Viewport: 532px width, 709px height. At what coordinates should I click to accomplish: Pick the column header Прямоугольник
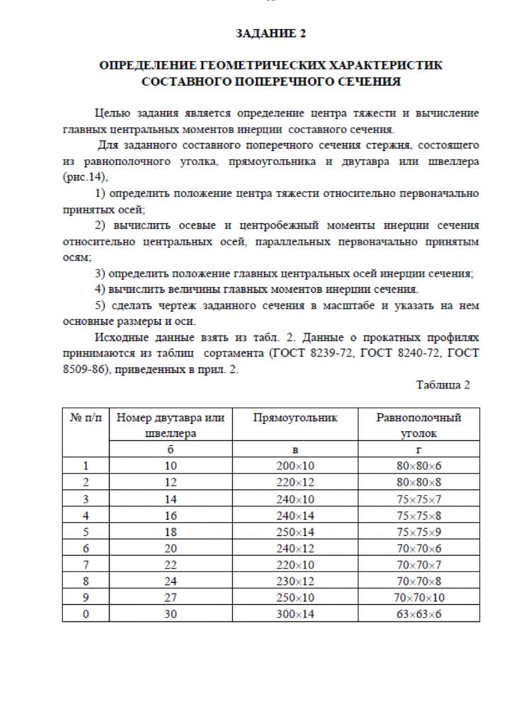coord(295,418)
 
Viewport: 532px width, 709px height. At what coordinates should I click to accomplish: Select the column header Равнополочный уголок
coord(419,425)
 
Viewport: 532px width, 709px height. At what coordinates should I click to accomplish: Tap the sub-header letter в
coord(295,449)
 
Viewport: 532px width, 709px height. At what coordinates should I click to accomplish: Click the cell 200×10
coord(295,466)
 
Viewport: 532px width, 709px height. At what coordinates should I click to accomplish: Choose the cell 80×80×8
coord(419,481)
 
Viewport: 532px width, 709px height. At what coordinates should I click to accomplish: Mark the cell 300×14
coord(295,613)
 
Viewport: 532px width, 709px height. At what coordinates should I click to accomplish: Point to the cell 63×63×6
coord(419,613)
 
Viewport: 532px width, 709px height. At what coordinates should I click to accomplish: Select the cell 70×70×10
coord(419,597)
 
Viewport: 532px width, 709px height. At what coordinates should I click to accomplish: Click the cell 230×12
coord(295,581)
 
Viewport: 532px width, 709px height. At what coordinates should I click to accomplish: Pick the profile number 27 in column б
coord(171,597)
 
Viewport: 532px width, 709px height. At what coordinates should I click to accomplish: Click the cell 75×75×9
coord(419,531)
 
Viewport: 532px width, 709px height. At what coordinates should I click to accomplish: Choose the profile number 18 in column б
coord(171,531)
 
